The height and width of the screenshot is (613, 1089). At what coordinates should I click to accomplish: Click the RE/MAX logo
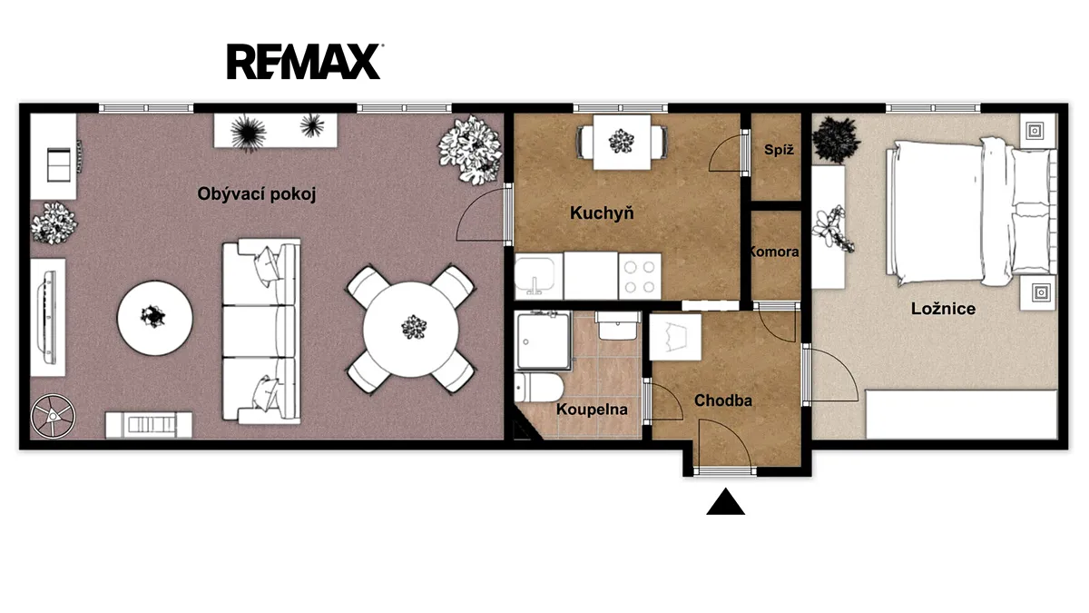coord(304,62)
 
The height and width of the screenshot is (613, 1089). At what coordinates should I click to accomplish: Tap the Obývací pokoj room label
coord(257,194)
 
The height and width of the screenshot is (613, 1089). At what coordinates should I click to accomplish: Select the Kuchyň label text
coord(602,213)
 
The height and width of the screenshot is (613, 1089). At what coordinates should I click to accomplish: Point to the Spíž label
coord(779,149)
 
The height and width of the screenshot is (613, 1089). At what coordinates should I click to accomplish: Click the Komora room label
coord(774,252)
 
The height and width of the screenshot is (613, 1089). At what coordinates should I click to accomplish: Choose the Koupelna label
coord(592,410)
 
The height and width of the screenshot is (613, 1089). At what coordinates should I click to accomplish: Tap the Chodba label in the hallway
coord(723,400)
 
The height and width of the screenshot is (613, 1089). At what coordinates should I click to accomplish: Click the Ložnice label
coord(943,309)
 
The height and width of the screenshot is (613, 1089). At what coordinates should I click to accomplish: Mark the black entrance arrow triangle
coord(725,501)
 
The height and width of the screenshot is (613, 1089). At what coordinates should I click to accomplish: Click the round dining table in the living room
coord(411,329)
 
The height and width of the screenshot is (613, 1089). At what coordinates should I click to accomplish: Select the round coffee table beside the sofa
coord(155,318)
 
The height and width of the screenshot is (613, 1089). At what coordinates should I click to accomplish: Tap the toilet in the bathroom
coord(539,387)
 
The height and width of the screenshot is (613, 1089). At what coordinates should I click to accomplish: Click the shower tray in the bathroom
coord(543,341)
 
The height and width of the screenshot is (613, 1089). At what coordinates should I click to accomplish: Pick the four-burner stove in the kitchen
coord(640,276)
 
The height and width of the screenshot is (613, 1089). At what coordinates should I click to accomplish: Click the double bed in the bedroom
coord(971,212)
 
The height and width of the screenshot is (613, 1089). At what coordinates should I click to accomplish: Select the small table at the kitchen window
coord(622,142)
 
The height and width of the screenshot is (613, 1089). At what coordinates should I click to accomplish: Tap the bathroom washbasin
coord(617,326)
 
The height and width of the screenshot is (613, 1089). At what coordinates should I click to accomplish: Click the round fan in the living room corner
coord(53,417)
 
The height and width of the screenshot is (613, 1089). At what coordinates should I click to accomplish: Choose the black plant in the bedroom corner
coord(836,139)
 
